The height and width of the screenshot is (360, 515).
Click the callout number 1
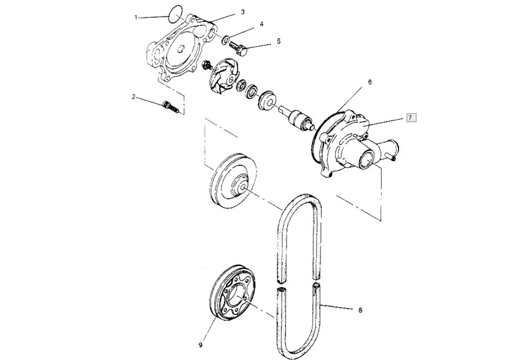(136, 17)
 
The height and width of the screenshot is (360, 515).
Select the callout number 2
(133, 96)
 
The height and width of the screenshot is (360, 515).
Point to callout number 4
(261, 24)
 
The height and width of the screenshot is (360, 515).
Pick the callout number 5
(278, 41)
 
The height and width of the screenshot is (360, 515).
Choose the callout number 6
(370, 80)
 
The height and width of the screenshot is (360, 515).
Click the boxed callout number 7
(411, 117)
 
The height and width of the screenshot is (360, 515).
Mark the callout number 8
(360, 311)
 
